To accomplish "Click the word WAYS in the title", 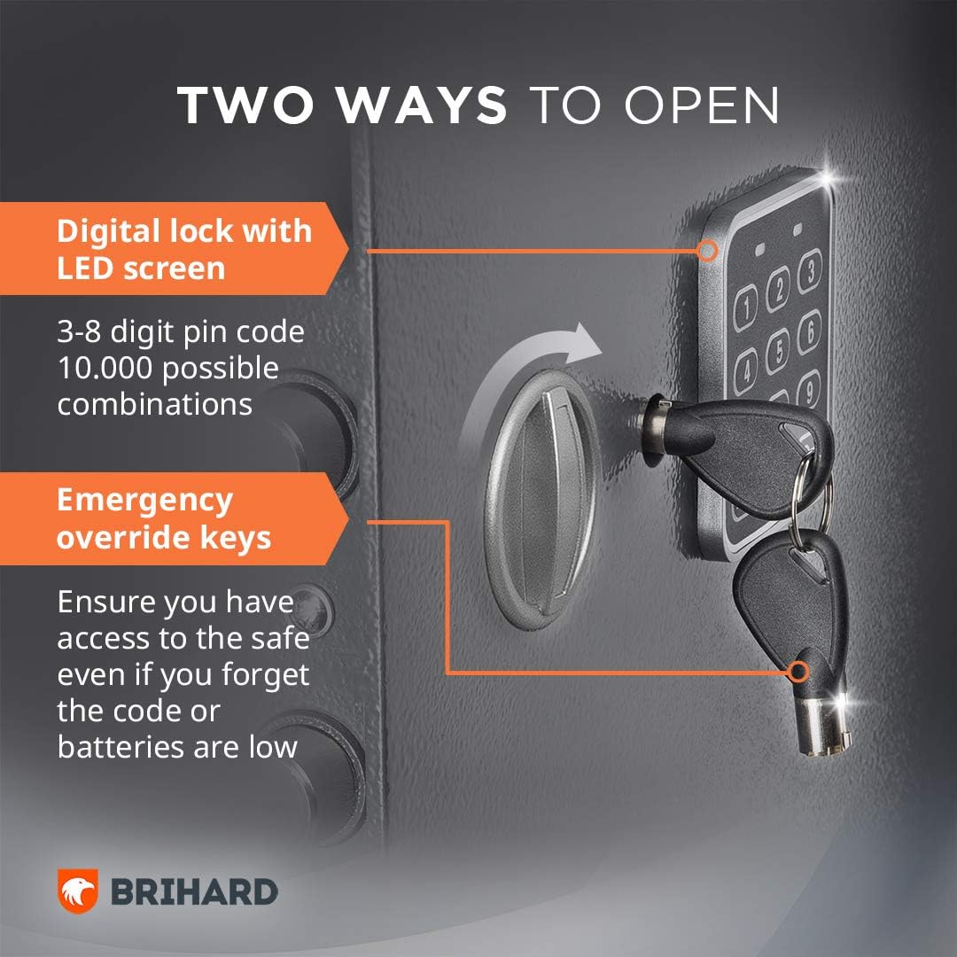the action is coord(422,105).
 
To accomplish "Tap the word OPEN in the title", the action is coord(702,105).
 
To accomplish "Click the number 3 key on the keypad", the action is coord(810,270).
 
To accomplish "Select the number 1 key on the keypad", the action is coord(746,309).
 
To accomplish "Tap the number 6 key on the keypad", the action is coord(810,331).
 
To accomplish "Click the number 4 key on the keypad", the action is coord(745,370).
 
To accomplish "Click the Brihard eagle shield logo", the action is coord(77,891).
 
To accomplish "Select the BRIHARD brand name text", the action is coord(194,892).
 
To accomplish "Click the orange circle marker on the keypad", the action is coord(708,250).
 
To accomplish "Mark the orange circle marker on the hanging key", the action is coord(797,672).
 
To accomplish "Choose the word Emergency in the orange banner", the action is coord(144,501).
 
